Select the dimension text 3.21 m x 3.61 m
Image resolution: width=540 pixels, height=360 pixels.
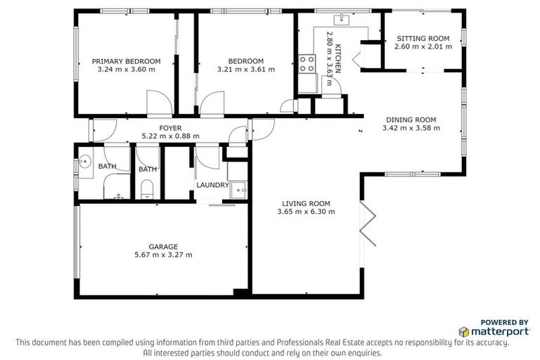coord(245,70)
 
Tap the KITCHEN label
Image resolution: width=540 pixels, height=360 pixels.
coord(338,58)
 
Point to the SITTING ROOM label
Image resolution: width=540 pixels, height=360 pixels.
coord(422,38)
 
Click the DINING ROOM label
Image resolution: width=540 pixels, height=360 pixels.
coord(411,120)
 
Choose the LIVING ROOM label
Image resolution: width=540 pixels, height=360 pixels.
coord(306,202)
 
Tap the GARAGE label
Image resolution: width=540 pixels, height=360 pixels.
coord(163,246)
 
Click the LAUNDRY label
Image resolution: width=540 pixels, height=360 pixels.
coord(212,186)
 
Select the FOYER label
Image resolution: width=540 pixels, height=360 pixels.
coord(170,127)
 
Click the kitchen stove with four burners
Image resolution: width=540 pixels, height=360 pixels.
coord(307,65)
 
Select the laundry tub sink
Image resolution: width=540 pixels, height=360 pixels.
coord(239,189)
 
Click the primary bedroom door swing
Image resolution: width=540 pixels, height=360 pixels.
coord(157,105)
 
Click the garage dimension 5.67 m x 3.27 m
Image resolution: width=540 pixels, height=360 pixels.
coord(163,255)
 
